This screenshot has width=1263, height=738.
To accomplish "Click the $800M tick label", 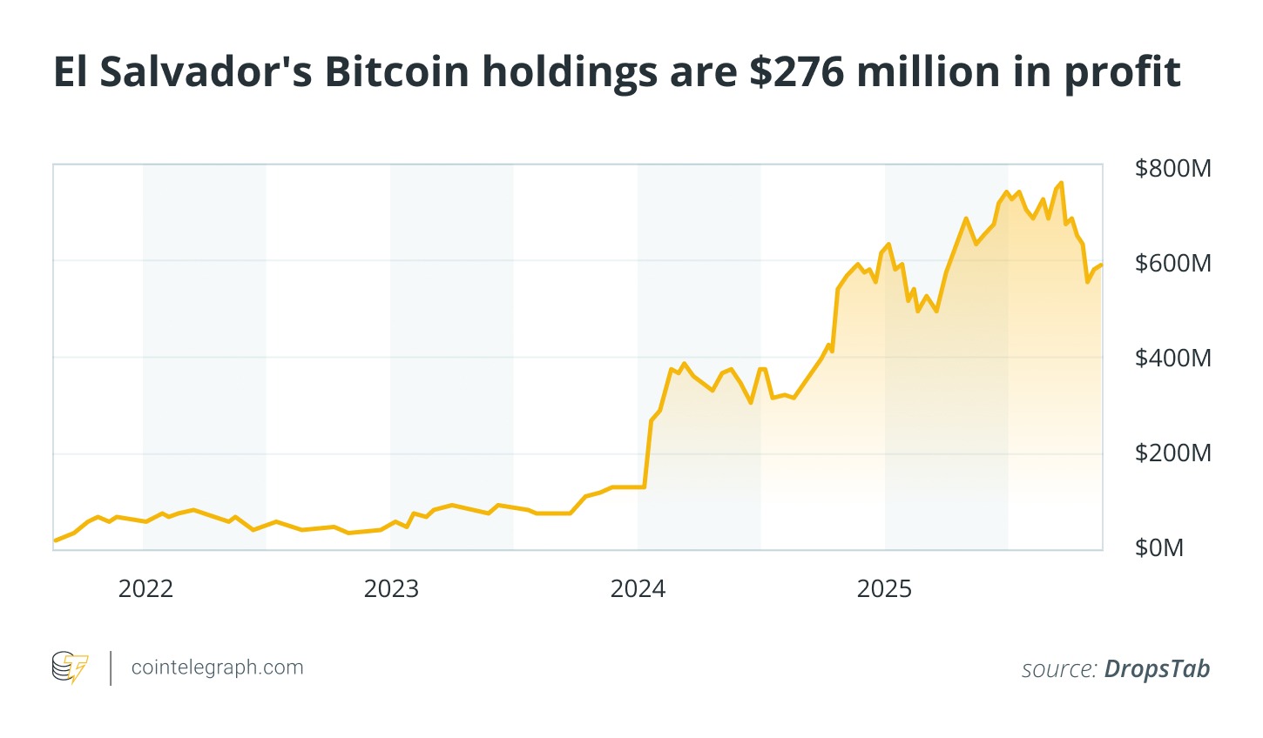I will point(1172,168).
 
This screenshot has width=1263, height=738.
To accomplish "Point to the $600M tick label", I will point(1172,263).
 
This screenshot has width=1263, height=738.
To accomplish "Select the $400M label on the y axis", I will point(1172,358).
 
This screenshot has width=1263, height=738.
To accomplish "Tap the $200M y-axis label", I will point(1172,453).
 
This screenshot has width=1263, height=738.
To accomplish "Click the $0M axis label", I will point(1159,547).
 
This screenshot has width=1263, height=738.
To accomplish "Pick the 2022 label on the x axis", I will point(145,589).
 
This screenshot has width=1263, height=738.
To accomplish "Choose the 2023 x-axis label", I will point(391,589).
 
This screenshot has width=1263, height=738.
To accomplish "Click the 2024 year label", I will point(638,589).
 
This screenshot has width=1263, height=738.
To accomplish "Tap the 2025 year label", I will point(884,589).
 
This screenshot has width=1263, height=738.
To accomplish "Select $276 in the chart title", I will point(796,72).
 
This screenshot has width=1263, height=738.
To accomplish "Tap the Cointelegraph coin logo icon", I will point(70,668).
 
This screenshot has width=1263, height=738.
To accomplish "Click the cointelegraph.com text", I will point(217,668).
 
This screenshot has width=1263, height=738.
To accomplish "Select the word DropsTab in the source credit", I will point(1157,668).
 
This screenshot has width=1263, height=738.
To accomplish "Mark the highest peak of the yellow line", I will point(1061,183).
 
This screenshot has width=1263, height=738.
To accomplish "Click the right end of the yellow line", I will point(1102,265).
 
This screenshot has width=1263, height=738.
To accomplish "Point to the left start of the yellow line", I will point(55,540).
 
